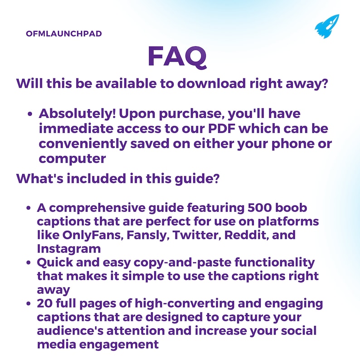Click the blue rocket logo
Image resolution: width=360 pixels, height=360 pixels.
click(x=327, y=26)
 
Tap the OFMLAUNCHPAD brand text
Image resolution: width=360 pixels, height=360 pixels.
click(x=64, y=34)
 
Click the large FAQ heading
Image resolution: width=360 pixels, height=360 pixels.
click(x=177, y=57)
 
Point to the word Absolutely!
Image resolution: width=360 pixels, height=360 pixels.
click(x=78, y=114)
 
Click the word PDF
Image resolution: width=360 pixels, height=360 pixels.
click(x=222, y=128)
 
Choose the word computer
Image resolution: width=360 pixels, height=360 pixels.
click(x=73, y=159)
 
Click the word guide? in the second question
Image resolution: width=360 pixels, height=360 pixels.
click(x=197, y=179)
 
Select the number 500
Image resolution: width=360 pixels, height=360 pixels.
click(x=259, y=208)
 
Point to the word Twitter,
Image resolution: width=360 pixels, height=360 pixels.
click(x=197, y=235)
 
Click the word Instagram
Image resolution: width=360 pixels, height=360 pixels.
click(x=69, y=249)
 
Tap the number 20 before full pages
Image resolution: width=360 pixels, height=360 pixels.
click(x=45, y=303)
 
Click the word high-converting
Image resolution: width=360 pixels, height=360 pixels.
click(x=185, y=304)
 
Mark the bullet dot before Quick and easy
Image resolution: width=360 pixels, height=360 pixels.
click(x=29, y=263)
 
